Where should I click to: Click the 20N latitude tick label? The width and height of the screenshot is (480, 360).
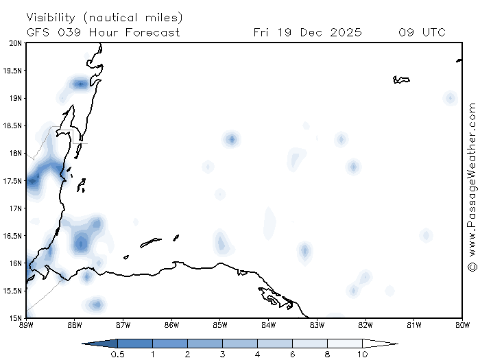click(14, 43)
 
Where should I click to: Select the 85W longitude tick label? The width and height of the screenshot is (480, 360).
click(219, 324)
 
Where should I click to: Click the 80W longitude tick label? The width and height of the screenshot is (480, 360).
click(462, 324)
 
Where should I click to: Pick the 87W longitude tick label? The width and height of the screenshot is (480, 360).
click(123, 324)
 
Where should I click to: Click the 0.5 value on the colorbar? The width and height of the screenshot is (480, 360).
click(117, 355)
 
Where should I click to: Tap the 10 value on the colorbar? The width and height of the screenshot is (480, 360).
click(362, 355)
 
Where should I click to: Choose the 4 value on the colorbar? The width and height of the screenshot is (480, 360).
click(257, 355)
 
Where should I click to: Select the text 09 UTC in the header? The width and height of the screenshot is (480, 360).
click(422, 32)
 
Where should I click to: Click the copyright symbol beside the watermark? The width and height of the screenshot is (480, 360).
click(472, 267)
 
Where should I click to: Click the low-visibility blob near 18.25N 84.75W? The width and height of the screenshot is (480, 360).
click(232, 140)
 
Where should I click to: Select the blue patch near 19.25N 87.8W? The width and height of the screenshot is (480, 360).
click(81, 84)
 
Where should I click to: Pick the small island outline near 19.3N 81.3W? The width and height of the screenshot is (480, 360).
click(401, 80)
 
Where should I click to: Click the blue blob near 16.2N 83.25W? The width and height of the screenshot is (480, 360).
click(304, 251)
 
